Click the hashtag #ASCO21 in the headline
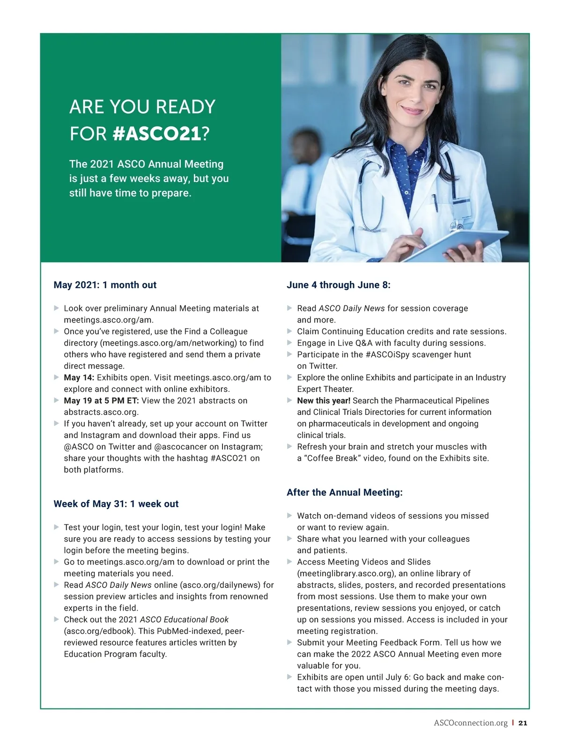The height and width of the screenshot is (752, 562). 156,134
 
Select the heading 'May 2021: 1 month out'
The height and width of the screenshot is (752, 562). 105,285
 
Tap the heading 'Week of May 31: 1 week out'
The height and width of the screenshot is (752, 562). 116,504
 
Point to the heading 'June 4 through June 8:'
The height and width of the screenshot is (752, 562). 338,285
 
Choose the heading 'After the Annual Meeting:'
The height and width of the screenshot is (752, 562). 344,492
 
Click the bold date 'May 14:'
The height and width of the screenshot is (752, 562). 79,377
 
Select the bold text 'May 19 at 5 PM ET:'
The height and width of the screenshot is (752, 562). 101,400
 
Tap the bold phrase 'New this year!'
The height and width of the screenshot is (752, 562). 323,400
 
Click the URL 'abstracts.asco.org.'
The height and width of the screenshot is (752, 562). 101,412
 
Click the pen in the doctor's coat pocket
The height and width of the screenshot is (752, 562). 435,203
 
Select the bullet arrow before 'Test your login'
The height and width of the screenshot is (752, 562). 57,527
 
